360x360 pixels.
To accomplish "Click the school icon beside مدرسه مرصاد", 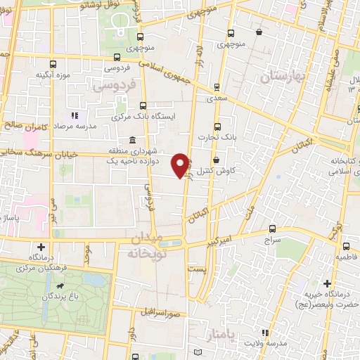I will pyautogui.click(x=74, y=115).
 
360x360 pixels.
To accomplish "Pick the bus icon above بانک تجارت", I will pyautogui.click(x=217, y=127).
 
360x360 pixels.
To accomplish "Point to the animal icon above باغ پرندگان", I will pyautogui.click(x=61, y=287).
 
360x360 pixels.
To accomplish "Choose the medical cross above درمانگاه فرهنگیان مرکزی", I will pyautogui.click(x=42, y=247).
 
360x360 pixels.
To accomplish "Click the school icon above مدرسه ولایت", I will pyautogui.click(x=264, y=333).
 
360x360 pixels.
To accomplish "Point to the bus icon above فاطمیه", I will pyautogui.click(x=347, y=246).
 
